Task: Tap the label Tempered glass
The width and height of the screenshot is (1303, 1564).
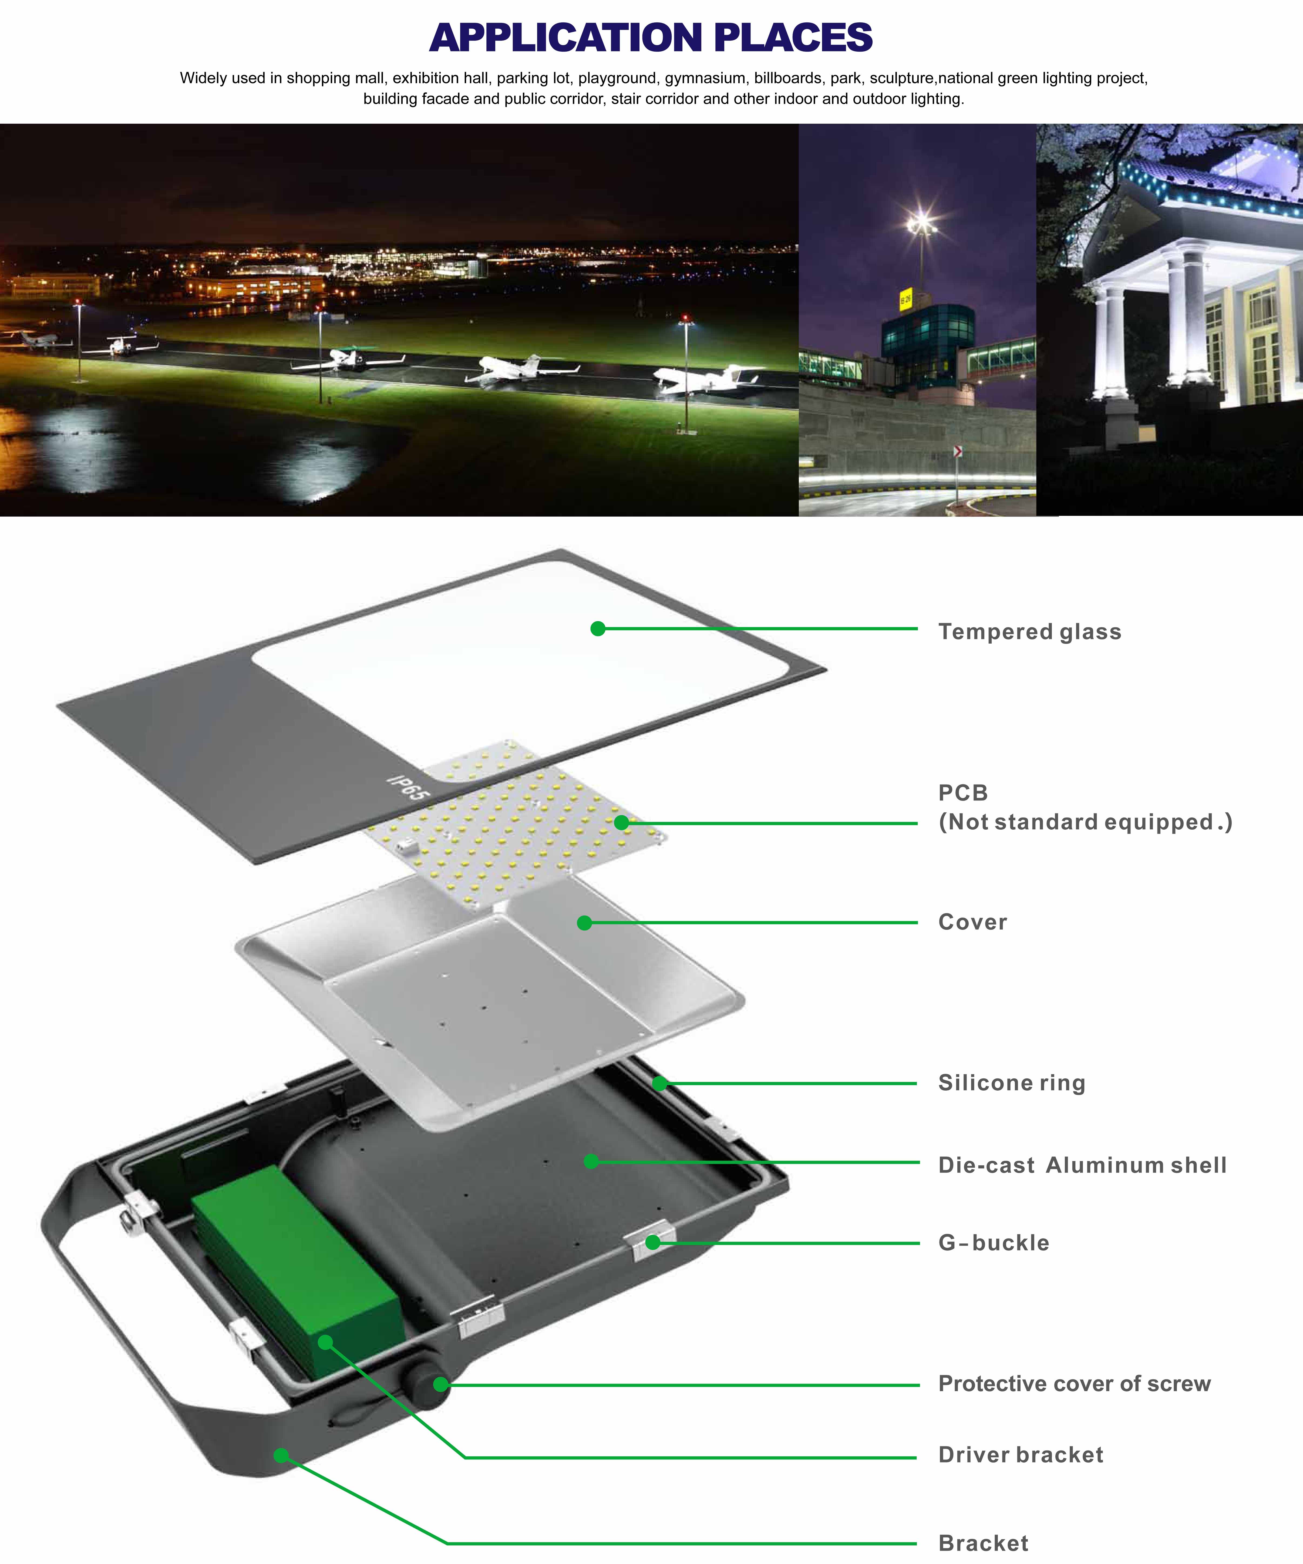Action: click(x=1029, y=631)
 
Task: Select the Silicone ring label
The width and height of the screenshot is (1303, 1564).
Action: click(x=1011, y=1083)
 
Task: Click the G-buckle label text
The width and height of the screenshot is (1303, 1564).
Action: click(x=993, y=1243)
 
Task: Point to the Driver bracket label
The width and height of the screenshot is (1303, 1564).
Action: click(x=1020, y=1455)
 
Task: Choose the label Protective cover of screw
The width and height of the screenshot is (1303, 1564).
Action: click(x=1074, y=1384)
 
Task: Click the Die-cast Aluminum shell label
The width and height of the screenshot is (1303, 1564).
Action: click(x=1082, y=1165)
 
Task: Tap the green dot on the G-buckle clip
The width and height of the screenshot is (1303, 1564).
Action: click(x=652, y=1242)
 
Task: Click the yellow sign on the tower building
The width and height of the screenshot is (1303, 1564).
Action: click(x=905, y=300)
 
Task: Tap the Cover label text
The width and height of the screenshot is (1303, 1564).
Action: click(x=972, y=922)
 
